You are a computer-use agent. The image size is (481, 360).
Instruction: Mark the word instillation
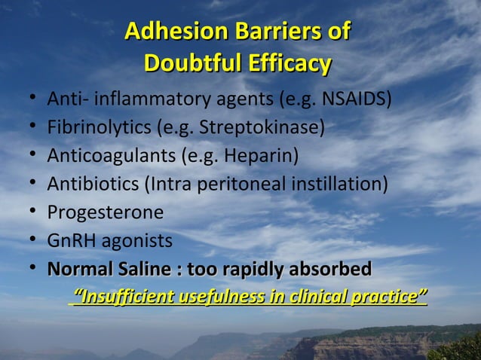pos(339,185)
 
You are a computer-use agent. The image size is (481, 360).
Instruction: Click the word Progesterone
pos(106,213)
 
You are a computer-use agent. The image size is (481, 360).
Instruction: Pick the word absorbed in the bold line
pos(332,270)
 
